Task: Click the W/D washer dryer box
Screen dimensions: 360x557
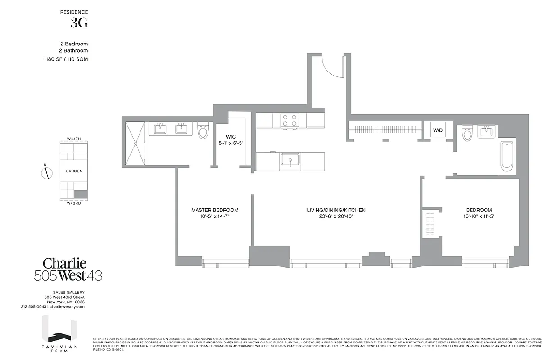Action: coord(438,130)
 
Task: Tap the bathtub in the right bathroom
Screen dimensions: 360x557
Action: coord(507,156)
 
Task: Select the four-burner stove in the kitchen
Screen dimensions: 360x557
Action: coord(290,120)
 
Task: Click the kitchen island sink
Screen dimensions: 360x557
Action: coord(290,161)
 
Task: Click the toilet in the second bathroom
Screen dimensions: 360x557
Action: coord(467,134)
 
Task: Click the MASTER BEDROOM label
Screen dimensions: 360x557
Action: coord(215,210)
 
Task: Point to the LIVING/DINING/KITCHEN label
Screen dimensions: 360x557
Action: coord(336,210)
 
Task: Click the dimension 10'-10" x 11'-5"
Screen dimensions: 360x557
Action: coord(479,216)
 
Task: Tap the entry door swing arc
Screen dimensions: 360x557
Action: coord(330,67)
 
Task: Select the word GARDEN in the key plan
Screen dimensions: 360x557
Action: coord(74,171)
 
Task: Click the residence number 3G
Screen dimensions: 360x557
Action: coord(79,24)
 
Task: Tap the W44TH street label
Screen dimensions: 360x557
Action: coord(73,139)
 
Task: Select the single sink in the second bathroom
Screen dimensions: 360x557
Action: coord(487,132)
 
